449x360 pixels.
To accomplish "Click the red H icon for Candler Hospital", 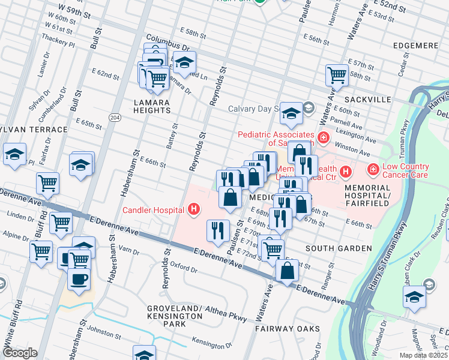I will point(193,209).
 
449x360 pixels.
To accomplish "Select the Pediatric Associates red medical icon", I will point(324,139).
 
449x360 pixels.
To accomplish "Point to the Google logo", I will point(20,353).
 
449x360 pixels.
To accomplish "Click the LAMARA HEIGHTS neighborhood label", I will point(152,106).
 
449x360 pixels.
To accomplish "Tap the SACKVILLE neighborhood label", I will point(368,99).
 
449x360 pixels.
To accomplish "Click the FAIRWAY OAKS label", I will point(283,329).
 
